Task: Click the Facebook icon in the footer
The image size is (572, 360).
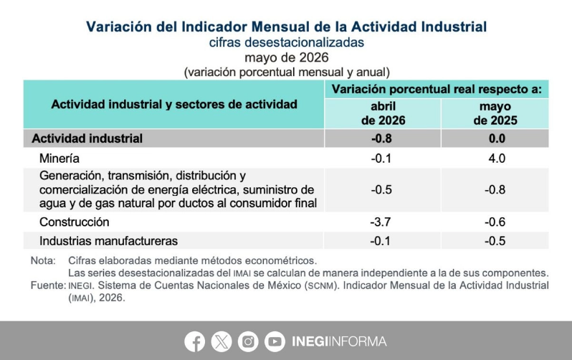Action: pyautogui.click(x=194, y=342)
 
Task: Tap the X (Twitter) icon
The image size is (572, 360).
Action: pyautogui.click(x=221, y=342)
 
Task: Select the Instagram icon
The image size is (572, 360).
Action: pyautogui.click(x=248, y=342)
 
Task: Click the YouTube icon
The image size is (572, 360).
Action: pyautogui.click(x=275, y=342)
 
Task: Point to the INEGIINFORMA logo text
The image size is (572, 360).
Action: pyautogui.click(x=339, y=342)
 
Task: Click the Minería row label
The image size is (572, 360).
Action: pyautogui.click(x=59, y=158)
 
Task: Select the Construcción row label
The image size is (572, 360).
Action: pyautogui.click(x=75, y=222)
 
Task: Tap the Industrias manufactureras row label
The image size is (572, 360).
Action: pyautogui.click(x=108, y=241)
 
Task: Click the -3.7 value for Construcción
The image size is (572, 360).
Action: pyautogui.click(x=381, y=222)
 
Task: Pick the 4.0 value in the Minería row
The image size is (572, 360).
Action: pyautogui.click(x=497, y=158)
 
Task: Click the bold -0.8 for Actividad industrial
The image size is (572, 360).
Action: pyautogui.click(x=381, y=138)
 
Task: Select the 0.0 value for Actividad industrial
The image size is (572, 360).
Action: pyautogui.click(x=497, y=138)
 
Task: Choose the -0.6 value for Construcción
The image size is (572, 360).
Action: pyautogui.click(x=495, y=222)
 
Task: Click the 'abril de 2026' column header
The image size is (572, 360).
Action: pyautogui.click(x=383, y=113)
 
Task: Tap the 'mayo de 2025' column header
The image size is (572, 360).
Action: pyautogui.click(x=495, y=113)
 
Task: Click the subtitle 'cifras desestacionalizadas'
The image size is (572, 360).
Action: pyautogui.click(x=287, y=42)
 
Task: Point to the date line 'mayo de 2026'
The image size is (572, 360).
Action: pyautogui.click(x=287, y=57)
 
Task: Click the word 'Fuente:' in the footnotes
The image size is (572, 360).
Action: pyautogui.click(x=48, y=285)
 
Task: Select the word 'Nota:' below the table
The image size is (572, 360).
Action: pyautogui.click(x=43, y=261)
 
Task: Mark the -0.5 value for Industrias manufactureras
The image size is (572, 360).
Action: pyautogui.click(x=495, y=241)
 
